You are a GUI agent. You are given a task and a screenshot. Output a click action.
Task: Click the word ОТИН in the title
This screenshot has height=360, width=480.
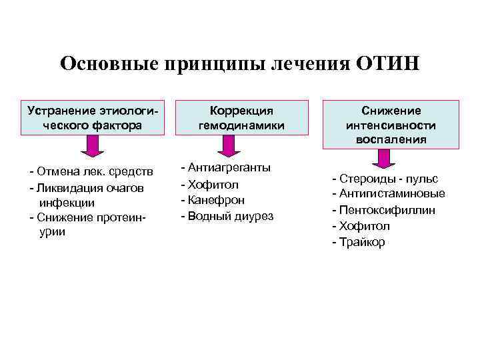tap(389, 64)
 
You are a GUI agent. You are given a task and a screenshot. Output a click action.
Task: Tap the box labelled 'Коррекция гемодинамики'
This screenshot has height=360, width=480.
tap(241, 117)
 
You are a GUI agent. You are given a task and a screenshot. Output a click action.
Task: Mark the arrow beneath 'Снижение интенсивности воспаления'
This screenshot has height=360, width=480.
tap(382, 158)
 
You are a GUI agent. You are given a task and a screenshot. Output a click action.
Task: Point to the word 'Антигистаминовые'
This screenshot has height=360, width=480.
tap(392, 194)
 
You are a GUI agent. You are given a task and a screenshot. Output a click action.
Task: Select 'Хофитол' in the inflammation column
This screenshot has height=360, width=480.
tap(365, 226)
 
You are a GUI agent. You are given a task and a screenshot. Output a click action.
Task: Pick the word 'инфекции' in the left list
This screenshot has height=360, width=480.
tap(66, 203)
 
